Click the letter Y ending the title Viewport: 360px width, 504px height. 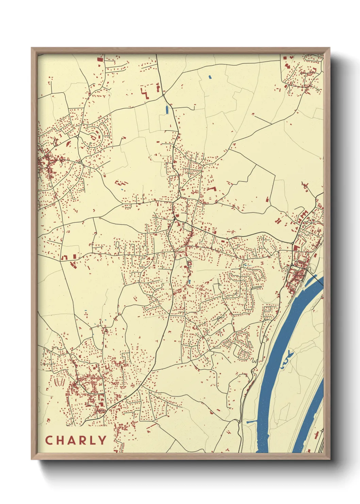[x=102, y=440]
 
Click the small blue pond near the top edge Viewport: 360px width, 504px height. [x=210, y=77]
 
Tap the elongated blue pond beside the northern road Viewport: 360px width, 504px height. [x=167, y=110]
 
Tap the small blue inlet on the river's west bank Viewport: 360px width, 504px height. [x=251, y=422]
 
